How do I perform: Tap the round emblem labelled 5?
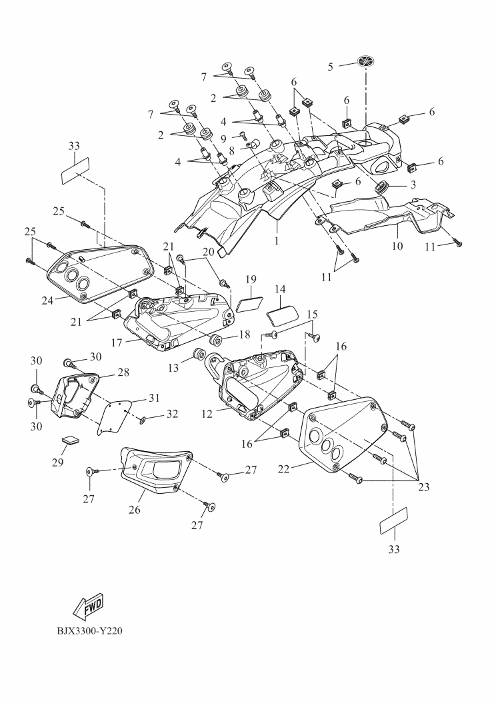367,63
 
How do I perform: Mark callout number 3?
413,183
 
